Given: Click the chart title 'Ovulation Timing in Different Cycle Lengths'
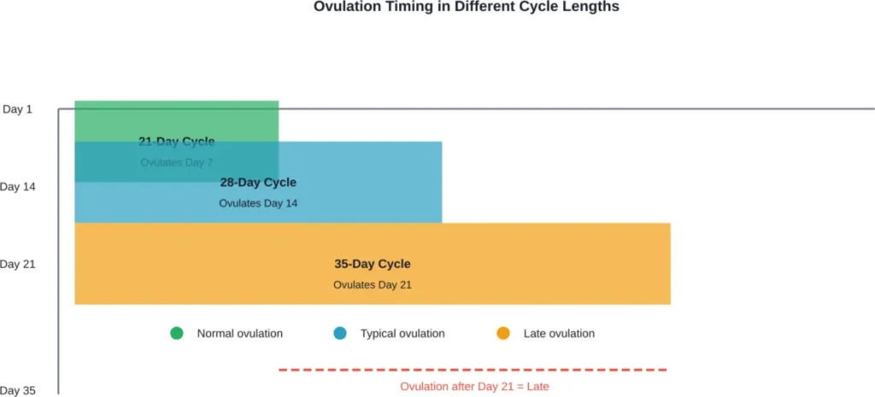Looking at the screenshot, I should coord(466,7).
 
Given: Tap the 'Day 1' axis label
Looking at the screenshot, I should coord(17,109).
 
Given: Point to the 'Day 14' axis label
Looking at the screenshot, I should coord(18,186).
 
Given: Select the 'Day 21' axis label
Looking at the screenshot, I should coord(18,264).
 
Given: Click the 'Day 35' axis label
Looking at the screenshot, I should coord(18,390).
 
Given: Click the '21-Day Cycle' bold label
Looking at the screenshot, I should coord(177,142).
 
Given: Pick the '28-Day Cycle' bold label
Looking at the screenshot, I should coord(258,182).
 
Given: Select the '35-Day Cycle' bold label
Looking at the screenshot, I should coord(372,264).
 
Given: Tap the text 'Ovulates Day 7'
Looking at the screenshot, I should coord(177,162).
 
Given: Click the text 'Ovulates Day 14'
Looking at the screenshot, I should coord(258,203).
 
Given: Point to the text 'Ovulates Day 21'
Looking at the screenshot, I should coord(372,284).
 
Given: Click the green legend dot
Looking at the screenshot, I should coord(177,333).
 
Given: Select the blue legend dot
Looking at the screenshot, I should coord(340,333).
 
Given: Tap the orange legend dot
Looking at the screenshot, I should coord(503,333).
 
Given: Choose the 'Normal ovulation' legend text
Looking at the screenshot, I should coord(239,333).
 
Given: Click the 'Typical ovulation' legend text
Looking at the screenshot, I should coord(402,333).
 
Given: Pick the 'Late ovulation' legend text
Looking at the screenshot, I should coord(559,333).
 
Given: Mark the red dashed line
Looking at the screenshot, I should coord(473,370).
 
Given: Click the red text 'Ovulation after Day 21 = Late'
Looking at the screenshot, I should coord(474,386).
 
